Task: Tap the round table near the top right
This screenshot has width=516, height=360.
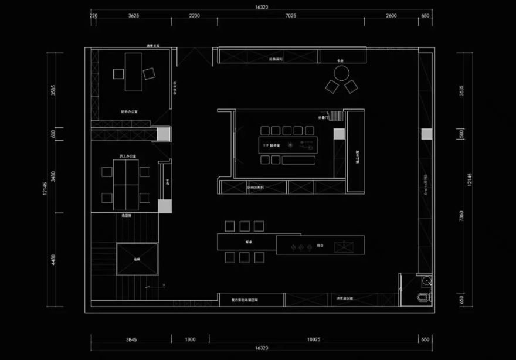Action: (341, 73)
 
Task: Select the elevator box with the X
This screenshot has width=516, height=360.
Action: (137, 259)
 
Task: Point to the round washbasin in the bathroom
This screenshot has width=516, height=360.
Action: (427, 281)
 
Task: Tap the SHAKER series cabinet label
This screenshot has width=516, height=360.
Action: (255, 188)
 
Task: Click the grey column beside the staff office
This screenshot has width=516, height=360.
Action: (165, 206)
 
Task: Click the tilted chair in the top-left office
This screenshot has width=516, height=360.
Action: (149, 73)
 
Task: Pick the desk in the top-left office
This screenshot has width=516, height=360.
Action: (134, 72)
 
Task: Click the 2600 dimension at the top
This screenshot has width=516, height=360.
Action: (391, 16)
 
